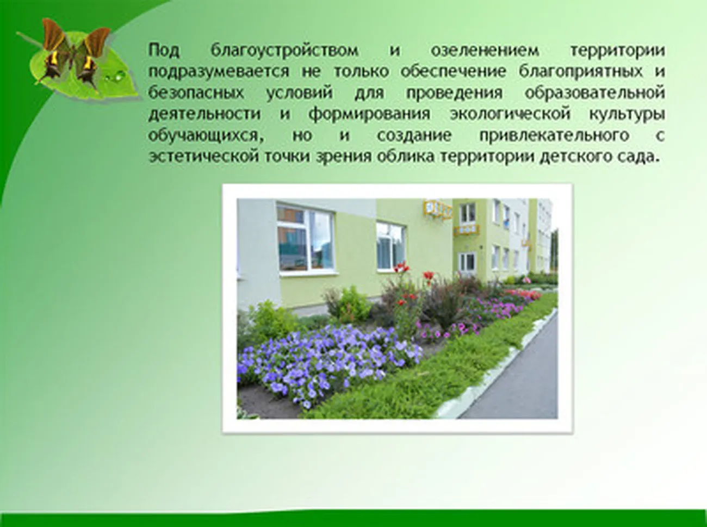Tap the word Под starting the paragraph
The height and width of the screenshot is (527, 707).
click(x=164, y=51)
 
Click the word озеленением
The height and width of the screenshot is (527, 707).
click(x=485, y=51)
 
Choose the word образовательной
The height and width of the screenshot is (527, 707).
click(x=595, y=92)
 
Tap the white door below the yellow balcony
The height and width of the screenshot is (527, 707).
click(x=467, y=264)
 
